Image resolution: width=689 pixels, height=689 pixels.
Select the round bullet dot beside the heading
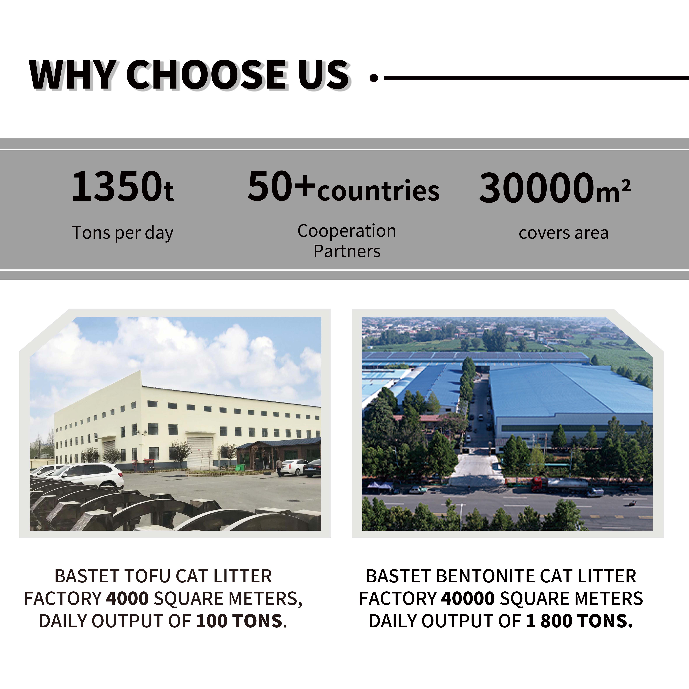pyautogui.click(x=374, y=78)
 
